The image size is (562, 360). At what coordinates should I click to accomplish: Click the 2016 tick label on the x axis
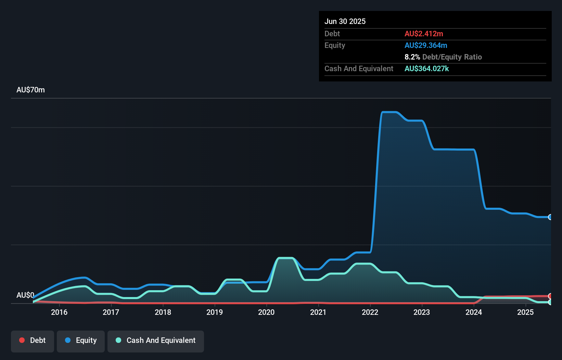pos(59,312)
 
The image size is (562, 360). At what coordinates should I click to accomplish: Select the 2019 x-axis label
pos(215,312)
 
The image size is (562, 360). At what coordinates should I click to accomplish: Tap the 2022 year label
pos(370,312)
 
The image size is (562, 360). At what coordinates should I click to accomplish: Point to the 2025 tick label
pos(525,312)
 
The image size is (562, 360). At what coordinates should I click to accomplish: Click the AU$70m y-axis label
pos(30,90)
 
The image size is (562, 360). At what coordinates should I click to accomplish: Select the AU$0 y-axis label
pos(25,295)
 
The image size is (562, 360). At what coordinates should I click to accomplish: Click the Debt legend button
pos(33,340)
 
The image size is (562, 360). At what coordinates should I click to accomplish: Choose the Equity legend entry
pos(81,340)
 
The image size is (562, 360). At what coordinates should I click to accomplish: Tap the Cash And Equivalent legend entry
pos(156,340)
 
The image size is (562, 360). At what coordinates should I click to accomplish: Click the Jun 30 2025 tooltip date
pos(345,21)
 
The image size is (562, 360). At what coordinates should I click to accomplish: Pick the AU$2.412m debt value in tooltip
pos(424,34)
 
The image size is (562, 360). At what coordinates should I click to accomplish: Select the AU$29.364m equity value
pos(426,45)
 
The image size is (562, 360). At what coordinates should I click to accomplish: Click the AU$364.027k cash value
pos(426,68)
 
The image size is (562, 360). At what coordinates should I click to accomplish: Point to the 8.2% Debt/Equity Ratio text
pos(443,57)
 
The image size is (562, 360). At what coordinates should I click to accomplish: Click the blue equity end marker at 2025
pos(550,217)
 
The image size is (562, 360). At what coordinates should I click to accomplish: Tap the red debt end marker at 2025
pos(550,296)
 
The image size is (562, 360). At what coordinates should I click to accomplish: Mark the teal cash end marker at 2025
pos(550,302)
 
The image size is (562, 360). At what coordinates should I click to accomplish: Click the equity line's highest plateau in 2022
pos(389,112)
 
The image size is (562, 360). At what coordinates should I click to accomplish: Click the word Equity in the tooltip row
pos(335,45)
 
